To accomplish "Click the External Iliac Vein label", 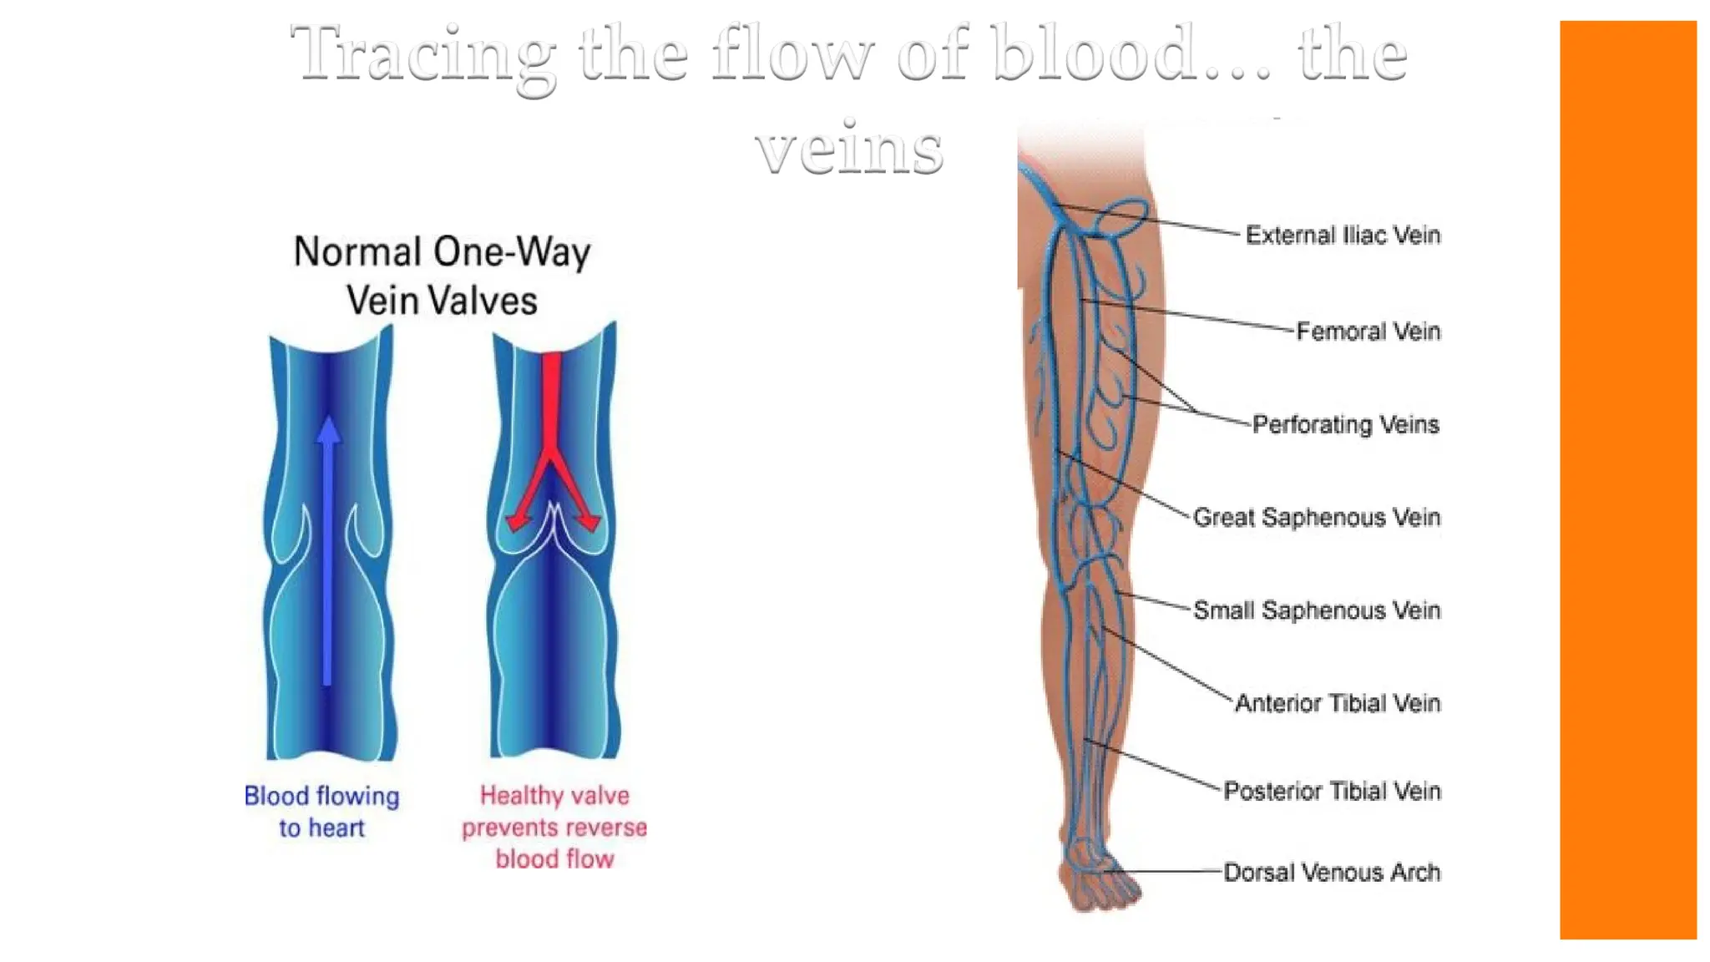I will click(x=1342, y=235).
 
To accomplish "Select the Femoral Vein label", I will click(x=1368, y=332).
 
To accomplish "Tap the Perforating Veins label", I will click(x=1345, y=424).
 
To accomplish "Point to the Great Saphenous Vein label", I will click(x=1316, y=517).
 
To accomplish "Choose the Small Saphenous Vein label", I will click(x=1316, y=610).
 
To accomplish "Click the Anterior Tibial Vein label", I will click(x=1337, y=703).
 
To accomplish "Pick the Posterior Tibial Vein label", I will click(x=1332, y=791).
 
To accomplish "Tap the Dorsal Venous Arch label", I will click(x=1332, y=873).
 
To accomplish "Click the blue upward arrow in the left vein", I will click(x=328, y=551).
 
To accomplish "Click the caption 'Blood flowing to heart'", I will click(x=321, y=811).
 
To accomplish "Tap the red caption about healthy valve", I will click(x=554, y=827).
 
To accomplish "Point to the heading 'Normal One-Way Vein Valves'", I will click(x=442, y=276).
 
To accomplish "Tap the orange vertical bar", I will click(x=1627, y=480).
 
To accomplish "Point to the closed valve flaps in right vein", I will click(x=554, y=534).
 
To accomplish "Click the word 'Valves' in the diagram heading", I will click(x=483, y=301).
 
